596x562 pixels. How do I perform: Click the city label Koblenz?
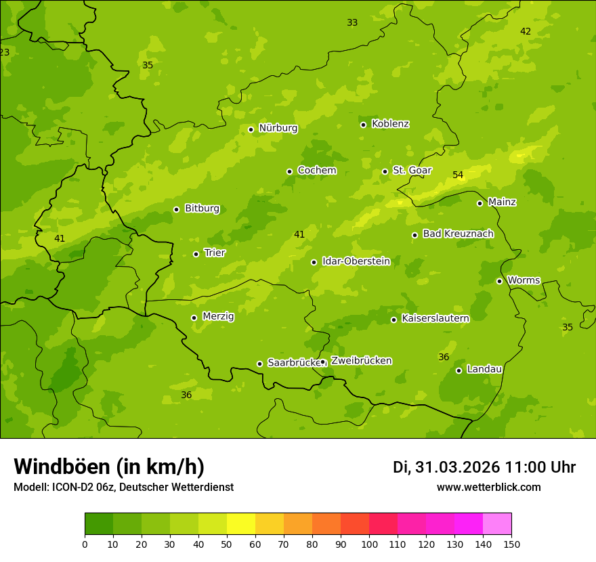tap(390, 124)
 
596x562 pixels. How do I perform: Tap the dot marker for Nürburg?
tap(251, 129)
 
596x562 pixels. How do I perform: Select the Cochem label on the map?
tap(316, 171)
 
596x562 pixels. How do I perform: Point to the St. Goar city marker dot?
tap(385, 171)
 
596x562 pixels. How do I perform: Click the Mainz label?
tap(502, 202)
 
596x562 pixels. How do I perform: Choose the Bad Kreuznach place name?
tap(458, 234)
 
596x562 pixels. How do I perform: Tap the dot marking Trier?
tap(196, 254)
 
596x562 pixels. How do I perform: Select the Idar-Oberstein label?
tap(356, 261)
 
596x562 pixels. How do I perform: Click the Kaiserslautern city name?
tap(435, 318)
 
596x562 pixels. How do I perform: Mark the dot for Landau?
tap(459, 370)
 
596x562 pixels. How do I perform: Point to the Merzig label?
tap(218, 316)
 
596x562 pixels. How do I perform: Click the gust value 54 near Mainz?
tap(458, 175)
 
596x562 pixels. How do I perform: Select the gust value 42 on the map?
tap(526, 32)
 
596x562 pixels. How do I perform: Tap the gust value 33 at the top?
tap(352, 23)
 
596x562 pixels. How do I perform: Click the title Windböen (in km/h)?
tap(109, 467)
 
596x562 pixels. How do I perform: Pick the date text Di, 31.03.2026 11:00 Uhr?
tap(484, 467)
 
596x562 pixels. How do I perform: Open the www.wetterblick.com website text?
tap(488, 488)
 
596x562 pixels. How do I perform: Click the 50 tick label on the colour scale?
tap(227, 544)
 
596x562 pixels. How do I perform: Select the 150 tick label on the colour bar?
tap(511, 544)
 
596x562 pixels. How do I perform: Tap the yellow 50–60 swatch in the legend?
tap(241, 523)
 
